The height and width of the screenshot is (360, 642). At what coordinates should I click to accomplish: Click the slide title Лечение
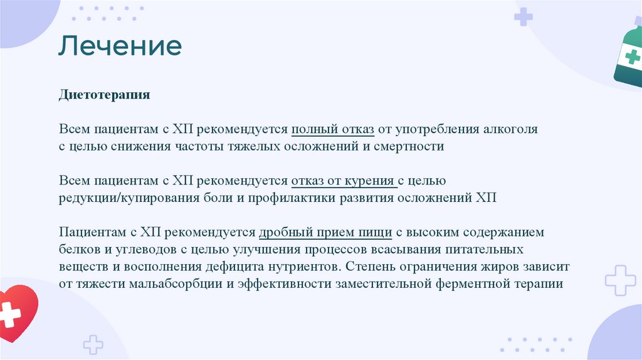(x=120, y=46)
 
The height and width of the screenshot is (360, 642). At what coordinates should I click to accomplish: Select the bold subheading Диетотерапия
(x=105, y=95)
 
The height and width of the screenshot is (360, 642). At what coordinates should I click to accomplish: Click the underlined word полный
(x=312, y=130)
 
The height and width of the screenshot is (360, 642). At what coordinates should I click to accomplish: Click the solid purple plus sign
(x=524, y=17)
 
